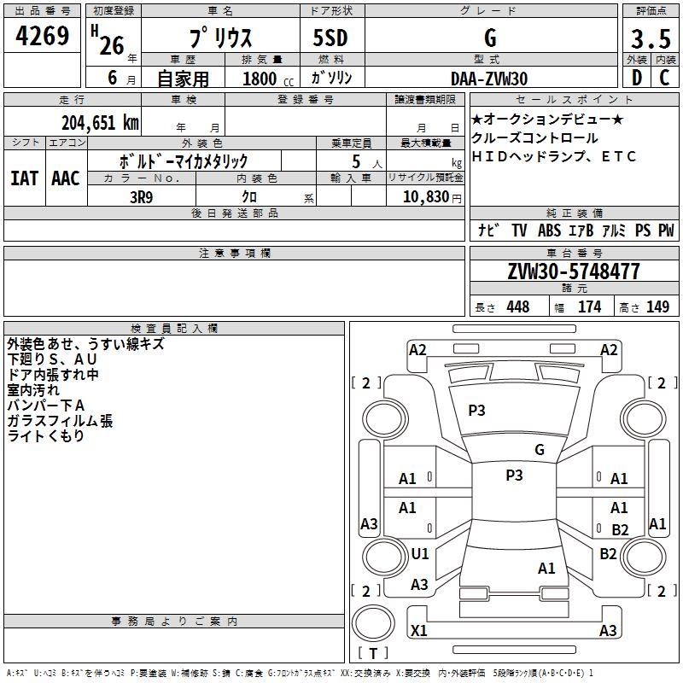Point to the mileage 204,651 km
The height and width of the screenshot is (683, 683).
pyautogui.click(x=100, y=122)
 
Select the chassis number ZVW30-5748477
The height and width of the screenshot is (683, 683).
pyautogui.click(x=574, y=271)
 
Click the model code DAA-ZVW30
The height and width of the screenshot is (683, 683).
pyautogui.click(x=489, y=79)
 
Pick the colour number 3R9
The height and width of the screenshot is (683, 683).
pyautogui.click(x=141, y=196)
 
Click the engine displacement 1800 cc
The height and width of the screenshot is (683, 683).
pyautogui.click(x=266, y=79)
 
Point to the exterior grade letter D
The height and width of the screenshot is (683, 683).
pyautogui.click(x=636, y=78)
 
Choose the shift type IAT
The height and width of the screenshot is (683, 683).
pyautogui.click(x=25, y=178)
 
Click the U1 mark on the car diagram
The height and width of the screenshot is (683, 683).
pyautogui.click(x=420, y=553)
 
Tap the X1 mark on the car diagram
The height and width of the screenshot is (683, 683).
pyautogui.click(x=419, y=631)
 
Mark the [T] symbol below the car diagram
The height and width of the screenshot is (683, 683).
pyautogui.click(x=372, y=654)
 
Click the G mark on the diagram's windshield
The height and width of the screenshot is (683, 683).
pyautogui.click(x=539, y=449)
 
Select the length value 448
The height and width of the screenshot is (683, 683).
pyautogui.click(x=517, y=307)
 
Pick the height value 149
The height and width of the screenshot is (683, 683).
pyautogui.click(x=657, y=307)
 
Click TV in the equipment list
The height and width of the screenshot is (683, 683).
pyautogui.click(x=519, y=231)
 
